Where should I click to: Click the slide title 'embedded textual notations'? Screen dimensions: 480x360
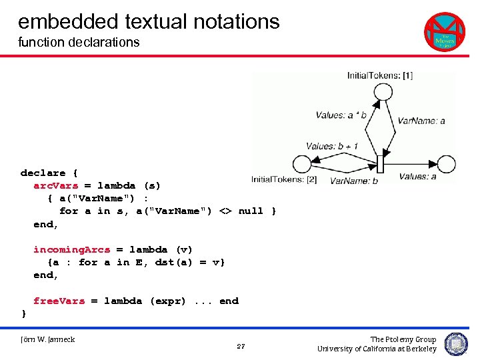coord(149,21)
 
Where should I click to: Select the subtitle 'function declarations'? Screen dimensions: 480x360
coord(79,43)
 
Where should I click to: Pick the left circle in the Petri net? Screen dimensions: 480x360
coord(301,164)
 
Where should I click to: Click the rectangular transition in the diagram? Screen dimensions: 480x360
coord(381,164)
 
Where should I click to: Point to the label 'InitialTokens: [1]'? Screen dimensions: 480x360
coord(380,75)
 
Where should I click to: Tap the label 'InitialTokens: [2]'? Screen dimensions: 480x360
coord(283,179)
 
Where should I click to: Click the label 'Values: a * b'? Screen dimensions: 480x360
coord(341,115)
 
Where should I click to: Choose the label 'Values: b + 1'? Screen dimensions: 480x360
coord(332,146)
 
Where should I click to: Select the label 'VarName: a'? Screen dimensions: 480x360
coord(421,121)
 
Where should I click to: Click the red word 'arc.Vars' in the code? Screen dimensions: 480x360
coord(55,185)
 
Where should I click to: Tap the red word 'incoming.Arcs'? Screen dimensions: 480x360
coord(71,249)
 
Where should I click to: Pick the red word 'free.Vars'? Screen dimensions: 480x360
coord(59,301)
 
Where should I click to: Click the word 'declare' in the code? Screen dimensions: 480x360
coord(43,173)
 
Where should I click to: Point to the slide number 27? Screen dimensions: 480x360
coord(241,347)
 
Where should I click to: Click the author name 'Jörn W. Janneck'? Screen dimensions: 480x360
coord(48,340)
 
